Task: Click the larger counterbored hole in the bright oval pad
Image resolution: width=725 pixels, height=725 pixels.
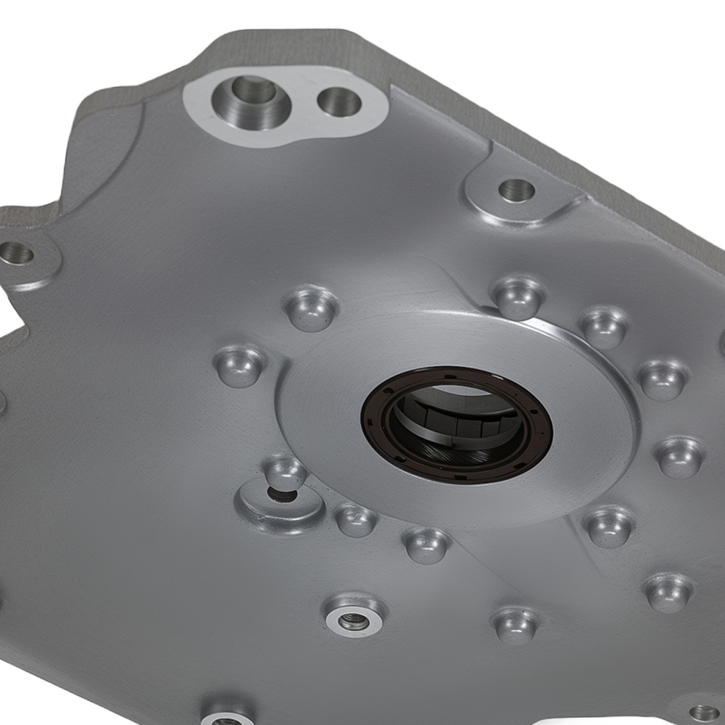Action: click(253, 95)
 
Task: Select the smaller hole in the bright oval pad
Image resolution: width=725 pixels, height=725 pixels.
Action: click(339, 102)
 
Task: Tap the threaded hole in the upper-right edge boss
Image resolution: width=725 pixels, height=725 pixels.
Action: click(517, 191)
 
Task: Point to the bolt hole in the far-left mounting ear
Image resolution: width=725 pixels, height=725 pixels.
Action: click(17, 254)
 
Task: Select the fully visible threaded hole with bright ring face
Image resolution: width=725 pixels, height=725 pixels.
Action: click(354, 619)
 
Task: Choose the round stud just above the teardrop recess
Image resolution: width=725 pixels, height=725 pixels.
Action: click(285, 471)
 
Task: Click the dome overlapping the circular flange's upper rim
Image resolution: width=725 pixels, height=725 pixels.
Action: click(518, 297)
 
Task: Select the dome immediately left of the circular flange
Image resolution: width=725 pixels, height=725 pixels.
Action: click(240, 365)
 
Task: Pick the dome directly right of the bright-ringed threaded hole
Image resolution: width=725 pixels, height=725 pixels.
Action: click(515, 623)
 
